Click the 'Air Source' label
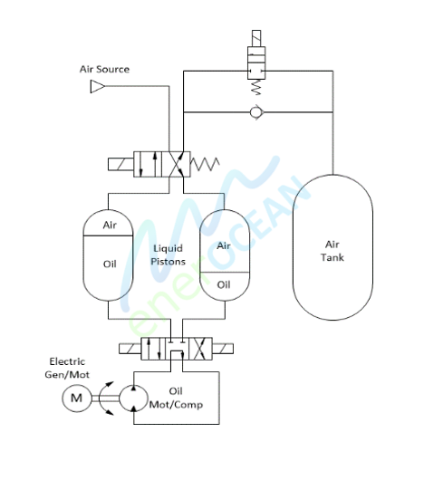(104, 69)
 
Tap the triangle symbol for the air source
(97, 86)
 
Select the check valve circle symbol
(256, 112)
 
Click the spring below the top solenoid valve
(256, 88)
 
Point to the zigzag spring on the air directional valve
(205, 164)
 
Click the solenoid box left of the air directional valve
(120, 164)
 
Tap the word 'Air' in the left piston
(110, 225)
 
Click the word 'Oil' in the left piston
(110, 264)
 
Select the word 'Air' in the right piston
(224, 246)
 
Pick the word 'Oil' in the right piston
(224, 284)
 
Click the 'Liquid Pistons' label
(168, 255)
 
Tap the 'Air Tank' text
(332, 251)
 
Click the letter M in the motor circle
(77, 399)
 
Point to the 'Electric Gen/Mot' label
(67, 368)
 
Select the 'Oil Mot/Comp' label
(176, 399)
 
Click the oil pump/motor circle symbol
(133, 399)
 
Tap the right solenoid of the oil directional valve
(223, 349)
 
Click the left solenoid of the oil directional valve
(130, 349)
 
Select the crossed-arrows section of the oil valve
(200, 349)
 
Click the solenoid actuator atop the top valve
(256, 38)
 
